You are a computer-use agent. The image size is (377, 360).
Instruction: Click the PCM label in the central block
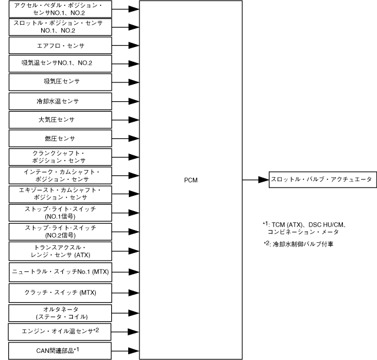point(190,181)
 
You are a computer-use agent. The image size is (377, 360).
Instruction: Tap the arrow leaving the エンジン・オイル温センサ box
point(125,332)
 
